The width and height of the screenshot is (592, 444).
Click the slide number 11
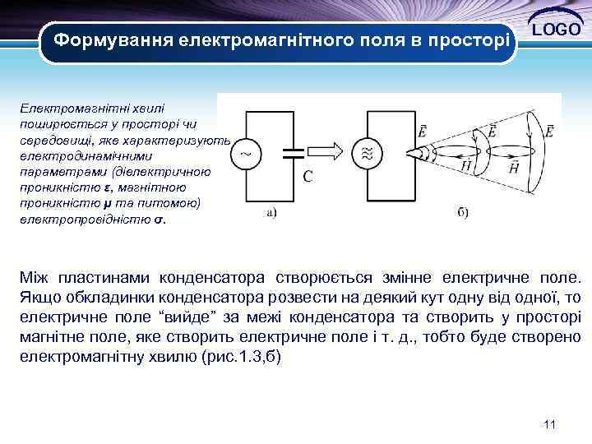click(x=550, y=424)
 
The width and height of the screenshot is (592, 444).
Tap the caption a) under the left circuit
click(x=272, y=211)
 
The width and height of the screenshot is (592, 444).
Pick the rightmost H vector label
click(x=514, y=167)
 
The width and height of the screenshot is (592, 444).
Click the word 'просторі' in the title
click(x=465, y=39)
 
